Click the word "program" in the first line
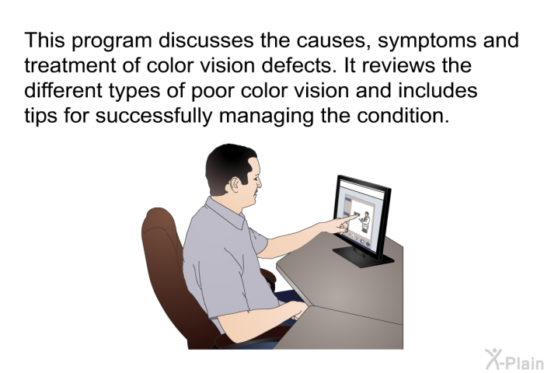[112, 42]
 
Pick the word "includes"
[438, 90]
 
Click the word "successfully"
[154, 117]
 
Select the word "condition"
[403, 115]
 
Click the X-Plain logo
[514, 360]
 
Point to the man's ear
[235, 185]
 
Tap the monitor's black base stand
[363, 256]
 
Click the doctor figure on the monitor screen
[365, 221]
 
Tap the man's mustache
[257, 191]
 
